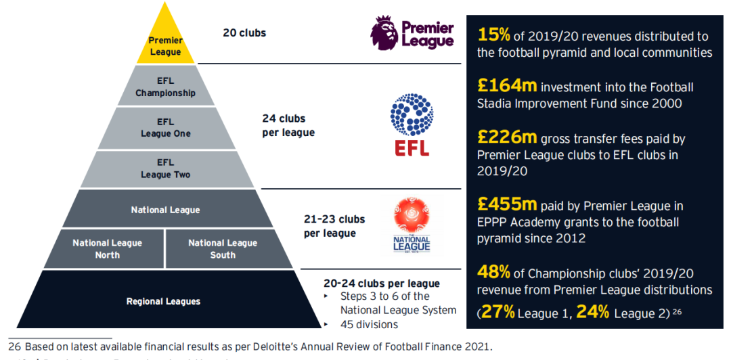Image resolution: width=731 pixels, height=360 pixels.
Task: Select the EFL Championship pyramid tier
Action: [165, 87]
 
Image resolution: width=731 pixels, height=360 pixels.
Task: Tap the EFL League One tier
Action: [165, 127]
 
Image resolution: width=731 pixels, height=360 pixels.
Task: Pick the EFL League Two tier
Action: [165, 168]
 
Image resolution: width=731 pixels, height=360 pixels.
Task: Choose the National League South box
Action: [223, 249]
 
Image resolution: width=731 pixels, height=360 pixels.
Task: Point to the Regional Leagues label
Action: [164, 301]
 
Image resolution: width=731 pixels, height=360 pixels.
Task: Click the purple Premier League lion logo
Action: [385, 32]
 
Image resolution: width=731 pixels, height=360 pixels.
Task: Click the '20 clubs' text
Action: [244, 32]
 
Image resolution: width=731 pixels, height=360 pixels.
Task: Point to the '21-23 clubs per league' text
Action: [334, 226]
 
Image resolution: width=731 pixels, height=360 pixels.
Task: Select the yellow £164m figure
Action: [507, 86]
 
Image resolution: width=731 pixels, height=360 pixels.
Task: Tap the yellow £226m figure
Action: [507, 137]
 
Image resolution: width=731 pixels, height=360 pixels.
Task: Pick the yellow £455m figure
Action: [507, 204]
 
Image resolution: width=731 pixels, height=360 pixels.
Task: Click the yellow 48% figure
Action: [493, 273]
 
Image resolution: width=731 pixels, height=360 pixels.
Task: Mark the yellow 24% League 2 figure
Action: [593, 312]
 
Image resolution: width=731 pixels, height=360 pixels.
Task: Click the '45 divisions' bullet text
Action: [369, 325]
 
